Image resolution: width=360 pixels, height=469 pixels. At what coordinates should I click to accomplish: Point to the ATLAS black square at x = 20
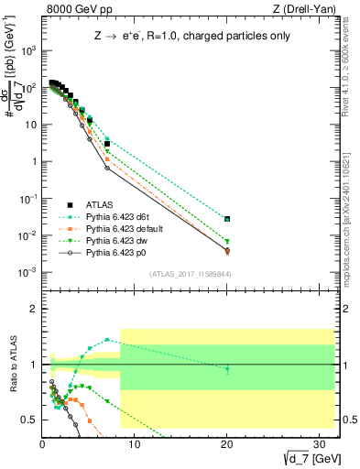click(x=227, y=219)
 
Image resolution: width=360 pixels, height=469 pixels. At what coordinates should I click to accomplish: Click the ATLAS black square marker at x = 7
click(x=107, y=144)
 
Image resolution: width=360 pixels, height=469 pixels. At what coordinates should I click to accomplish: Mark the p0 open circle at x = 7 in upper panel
click(x=107, y=168)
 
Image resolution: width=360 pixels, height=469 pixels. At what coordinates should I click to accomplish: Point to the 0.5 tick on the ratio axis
click(x=30, y=420)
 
